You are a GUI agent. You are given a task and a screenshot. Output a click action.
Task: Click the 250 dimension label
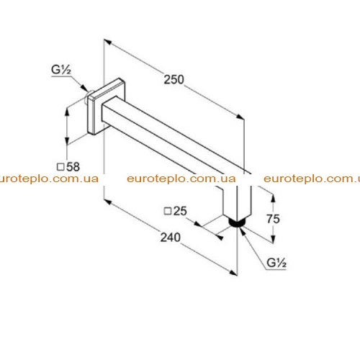point(174,79)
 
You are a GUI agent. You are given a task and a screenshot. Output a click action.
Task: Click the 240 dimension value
point(171,238)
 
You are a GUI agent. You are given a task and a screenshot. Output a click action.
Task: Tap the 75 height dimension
point(273,219)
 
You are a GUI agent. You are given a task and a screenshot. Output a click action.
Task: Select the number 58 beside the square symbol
point(73,167)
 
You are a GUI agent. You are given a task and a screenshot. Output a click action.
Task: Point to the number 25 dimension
point(180,211)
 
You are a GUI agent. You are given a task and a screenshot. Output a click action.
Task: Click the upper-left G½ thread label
point(61,70)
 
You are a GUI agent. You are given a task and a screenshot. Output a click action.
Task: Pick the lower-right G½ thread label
point(276,263)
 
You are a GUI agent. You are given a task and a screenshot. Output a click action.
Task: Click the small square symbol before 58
point(60,167)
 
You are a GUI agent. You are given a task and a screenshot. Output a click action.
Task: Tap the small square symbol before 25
point(168,211)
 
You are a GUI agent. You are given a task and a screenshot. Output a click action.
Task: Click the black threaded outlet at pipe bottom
point(237,222)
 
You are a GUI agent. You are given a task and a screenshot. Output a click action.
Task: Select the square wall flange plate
point(107,106)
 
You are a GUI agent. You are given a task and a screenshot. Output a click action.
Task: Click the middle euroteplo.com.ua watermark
point(181,179)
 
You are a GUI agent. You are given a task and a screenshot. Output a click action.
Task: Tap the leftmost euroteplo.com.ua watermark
point(49,179)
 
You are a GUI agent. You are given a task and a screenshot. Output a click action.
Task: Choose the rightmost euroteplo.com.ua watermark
point(312,179)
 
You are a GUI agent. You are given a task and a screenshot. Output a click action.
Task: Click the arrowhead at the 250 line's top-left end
point(108,42)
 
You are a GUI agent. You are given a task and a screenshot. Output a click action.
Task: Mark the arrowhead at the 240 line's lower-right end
point(233,273)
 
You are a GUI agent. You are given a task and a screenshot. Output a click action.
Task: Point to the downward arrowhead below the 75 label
point(273,239)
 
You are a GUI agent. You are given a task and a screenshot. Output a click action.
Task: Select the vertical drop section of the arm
point(237,199)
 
